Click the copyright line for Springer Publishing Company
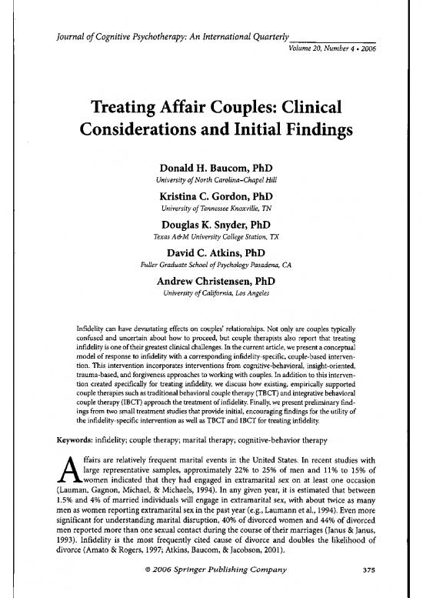211,580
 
